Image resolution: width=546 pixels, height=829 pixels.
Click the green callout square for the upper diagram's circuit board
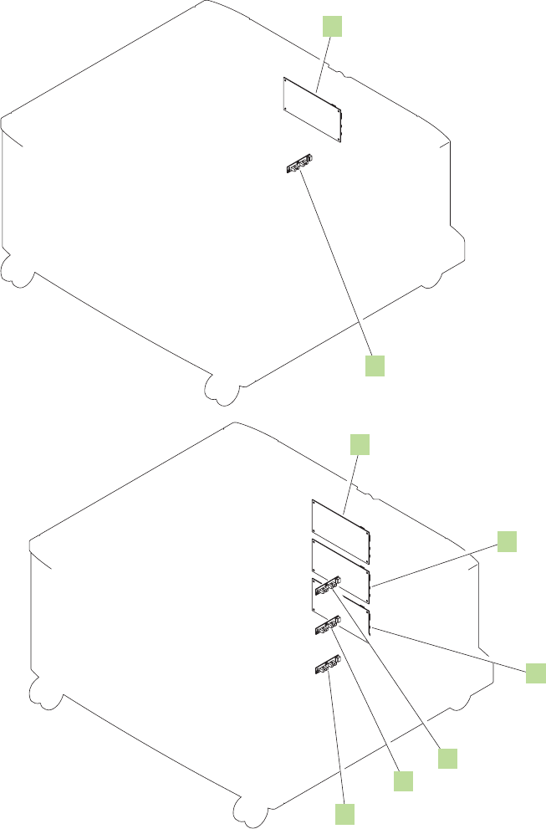(x=333, y=28)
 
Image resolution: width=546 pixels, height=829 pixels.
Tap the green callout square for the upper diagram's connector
(x=375, y=366)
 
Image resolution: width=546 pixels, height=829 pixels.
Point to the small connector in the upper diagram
(x=299, y=165)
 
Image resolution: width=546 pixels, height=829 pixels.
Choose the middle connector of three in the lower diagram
(x=327, y=627)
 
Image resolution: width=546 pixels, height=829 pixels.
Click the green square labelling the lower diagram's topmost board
(x=359, y=444)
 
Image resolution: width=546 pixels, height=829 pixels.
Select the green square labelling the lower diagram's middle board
(x=507, y=540)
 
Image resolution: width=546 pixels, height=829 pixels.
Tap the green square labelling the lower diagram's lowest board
(x=535, y=672)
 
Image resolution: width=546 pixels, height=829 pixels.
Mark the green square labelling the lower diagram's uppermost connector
(x=449, y=758)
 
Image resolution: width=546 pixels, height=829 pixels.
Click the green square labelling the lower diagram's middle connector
(x=404, y=780)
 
